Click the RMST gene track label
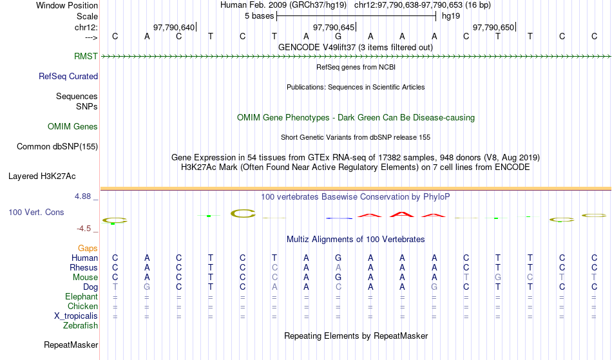(x=86, y=56)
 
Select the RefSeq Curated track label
(x=68, y=76)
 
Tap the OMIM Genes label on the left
(x=73, y=126)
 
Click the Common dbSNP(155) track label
(x=57, y=146)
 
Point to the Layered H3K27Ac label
(x=42, y=176)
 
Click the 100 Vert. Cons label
(x=36, y=212)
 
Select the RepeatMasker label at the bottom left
(x=71, y=345)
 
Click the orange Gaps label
(x=88, y=248)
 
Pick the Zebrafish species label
(x=81, y=325)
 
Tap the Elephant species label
(x=82, y=296)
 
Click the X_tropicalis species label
(x=76, y=316)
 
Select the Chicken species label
(x=82, y=306)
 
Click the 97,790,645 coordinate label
(x=334, y=27)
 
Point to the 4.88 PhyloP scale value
(x=82, y=196)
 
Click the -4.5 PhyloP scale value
(x=84, y=228)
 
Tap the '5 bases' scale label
(x=260, y=16)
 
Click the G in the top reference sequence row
(x=338, y=36)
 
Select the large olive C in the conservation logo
(x=243, y=213)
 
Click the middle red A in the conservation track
(x=402, y=214)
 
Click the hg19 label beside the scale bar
(x=451, y=16)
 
